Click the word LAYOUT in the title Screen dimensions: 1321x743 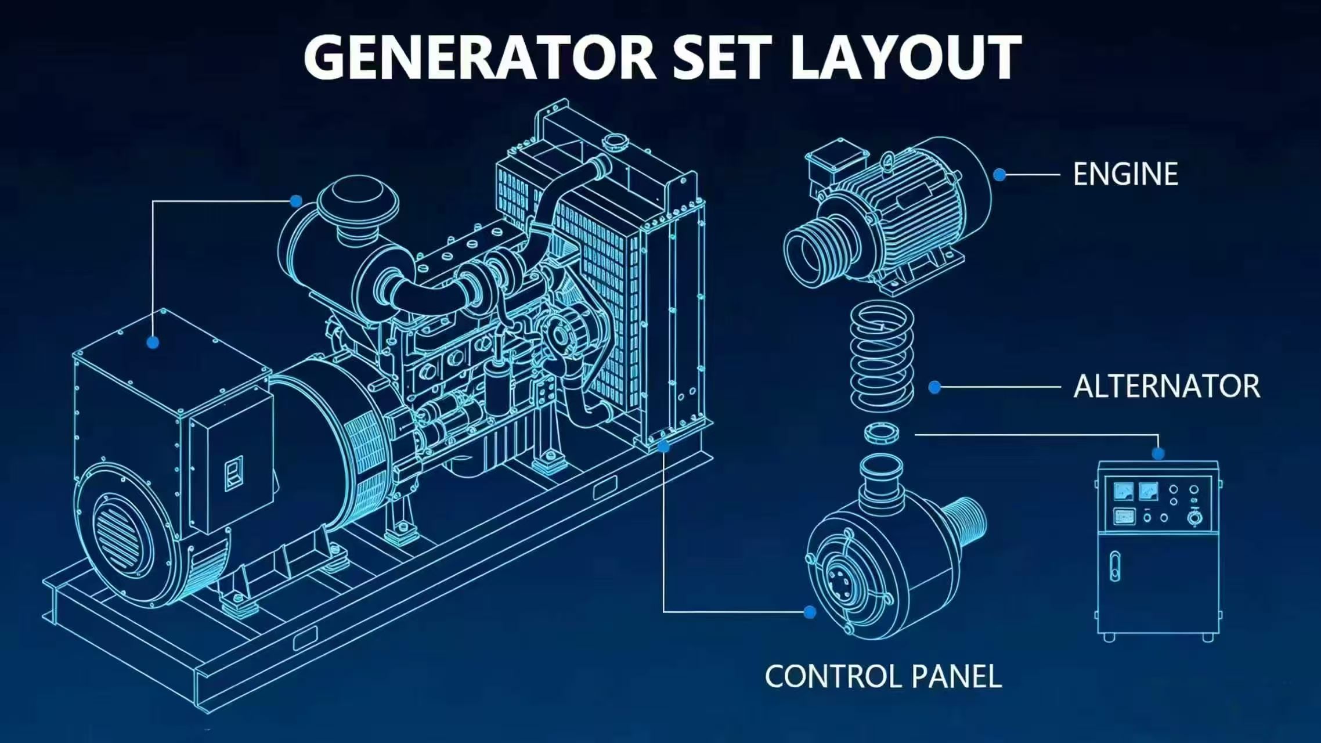coord(905,56)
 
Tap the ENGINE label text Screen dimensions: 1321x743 coord(1125,174)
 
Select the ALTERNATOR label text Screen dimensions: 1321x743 coord(1167,387)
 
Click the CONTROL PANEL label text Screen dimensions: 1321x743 coord(883,677)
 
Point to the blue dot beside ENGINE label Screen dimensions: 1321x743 coord(999,174)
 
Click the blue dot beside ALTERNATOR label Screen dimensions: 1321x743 coord(934,387)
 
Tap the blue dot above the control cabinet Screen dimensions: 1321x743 coord(1158,454)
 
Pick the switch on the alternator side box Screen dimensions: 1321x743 coord(233,473)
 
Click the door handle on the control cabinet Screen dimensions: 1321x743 coord(1115,566)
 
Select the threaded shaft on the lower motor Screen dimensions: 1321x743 coord(965,525)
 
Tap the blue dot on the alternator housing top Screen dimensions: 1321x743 coord(153,342)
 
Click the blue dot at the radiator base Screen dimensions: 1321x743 coord(664,446)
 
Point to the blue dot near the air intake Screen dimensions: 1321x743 coord(296,201)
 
